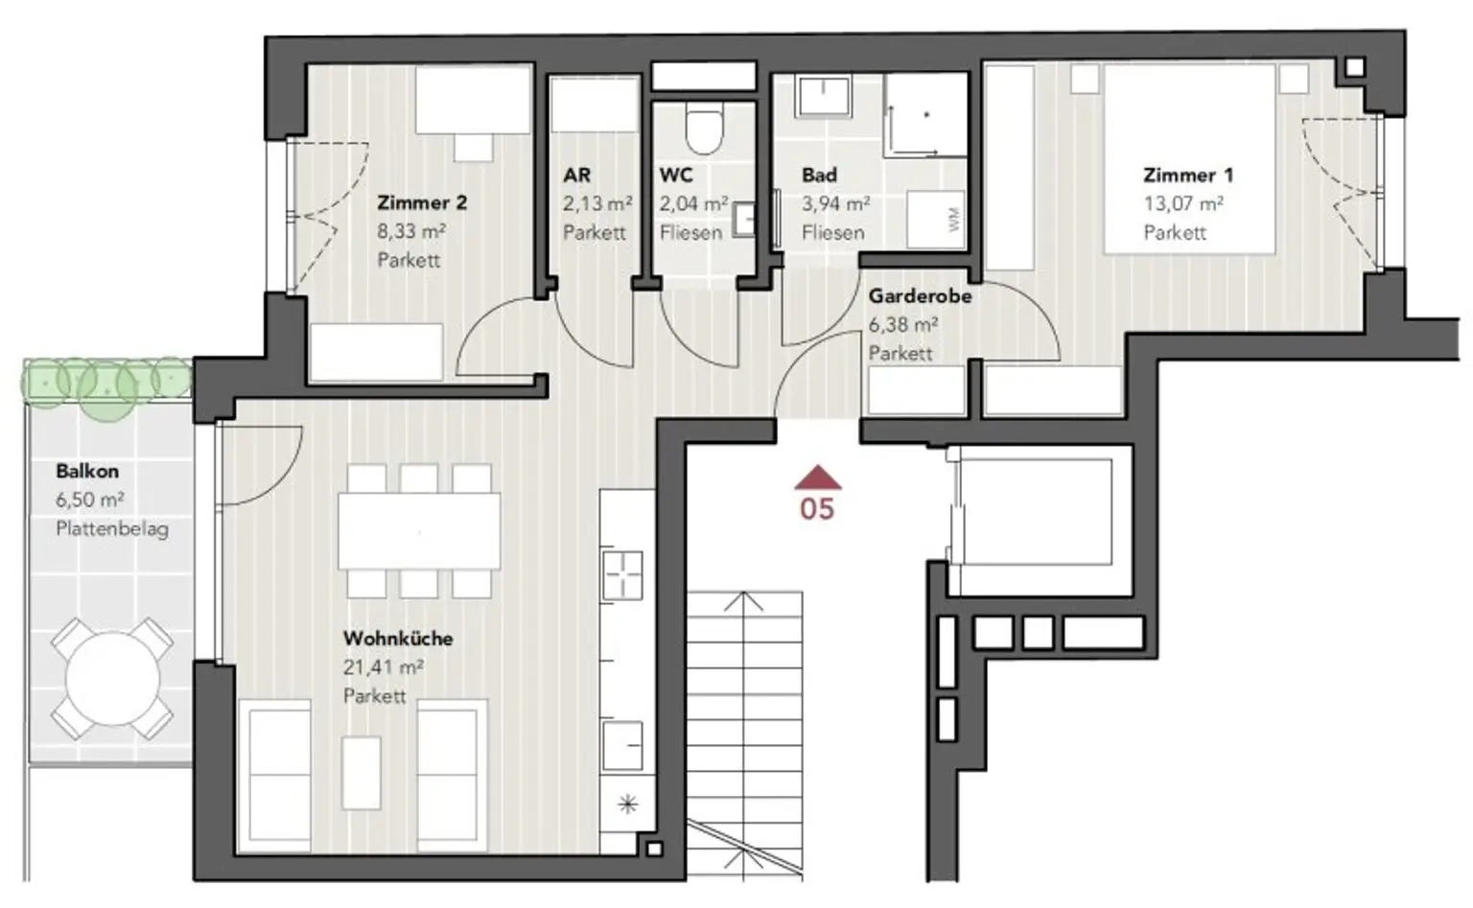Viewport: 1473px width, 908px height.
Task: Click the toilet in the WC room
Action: point(704,130)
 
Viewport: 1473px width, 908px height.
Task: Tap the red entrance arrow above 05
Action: point(817,477)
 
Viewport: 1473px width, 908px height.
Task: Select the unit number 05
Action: point(817,509)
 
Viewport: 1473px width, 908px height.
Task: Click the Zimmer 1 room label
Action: point(1187,175)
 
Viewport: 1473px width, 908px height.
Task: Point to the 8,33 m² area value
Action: point(411,231)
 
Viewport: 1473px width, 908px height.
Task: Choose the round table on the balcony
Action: point(112,679)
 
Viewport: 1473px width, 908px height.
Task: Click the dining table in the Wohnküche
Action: point(419,530)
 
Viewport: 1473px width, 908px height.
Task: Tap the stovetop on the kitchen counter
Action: point(622,575)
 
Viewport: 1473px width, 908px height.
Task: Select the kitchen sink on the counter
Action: point(622,746)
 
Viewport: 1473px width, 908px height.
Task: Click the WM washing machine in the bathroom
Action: point(935,220)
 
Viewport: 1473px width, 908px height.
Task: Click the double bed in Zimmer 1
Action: point(1189,158)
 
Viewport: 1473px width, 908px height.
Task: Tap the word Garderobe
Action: point(920,296)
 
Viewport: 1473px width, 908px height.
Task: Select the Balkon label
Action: point(87,471)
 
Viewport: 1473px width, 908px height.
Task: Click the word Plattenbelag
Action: point(112,528)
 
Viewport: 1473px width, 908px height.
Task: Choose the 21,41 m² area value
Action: point(384,666)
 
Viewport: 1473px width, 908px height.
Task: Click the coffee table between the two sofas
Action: point(361,773)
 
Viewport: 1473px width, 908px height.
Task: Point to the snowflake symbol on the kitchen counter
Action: point(628,804)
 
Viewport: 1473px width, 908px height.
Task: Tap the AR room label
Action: point(576,175)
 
